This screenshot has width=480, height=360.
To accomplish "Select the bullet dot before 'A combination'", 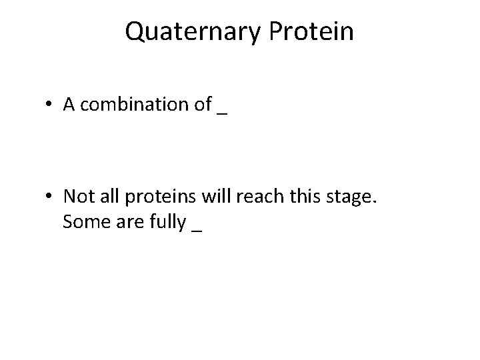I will coord(51,105).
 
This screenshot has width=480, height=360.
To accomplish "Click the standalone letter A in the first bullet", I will coord(69,105).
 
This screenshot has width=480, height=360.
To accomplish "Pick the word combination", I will coord(134,105).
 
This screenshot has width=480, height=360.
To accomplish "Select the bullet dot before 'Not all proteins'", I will coord(51,197).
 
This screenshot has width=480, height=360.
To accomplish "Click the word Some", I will coord(82,221).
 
